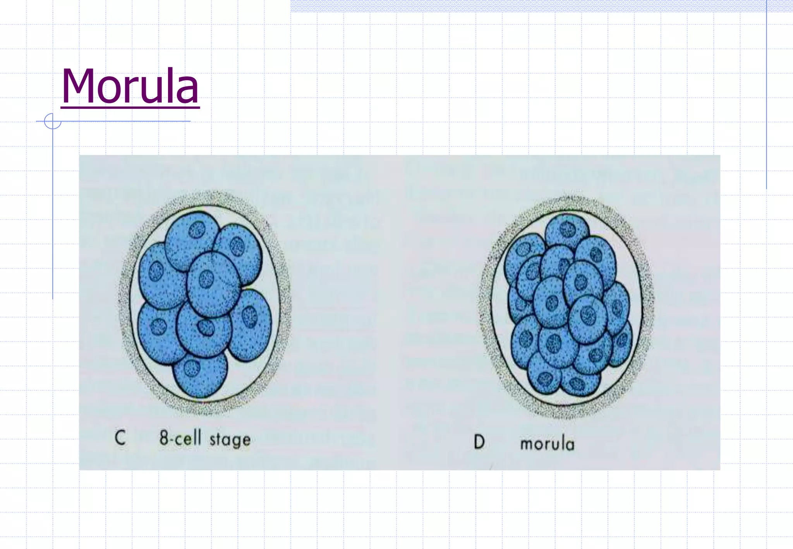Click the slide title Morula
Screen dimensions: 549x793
click(130, 86)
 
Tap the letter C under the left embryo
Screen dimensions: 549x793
click(120, 438)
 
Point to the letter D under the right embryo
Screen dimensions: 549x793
click(479, 442)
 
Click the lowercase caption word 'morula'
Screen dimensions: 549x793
click(547, 444)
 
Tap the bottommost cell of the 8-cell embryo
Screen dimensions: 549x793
click(200, 374)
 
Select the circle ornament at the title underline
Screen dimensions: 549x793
click(53, 121)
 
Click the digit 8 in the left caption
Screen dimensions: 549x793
click(164, 438)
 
